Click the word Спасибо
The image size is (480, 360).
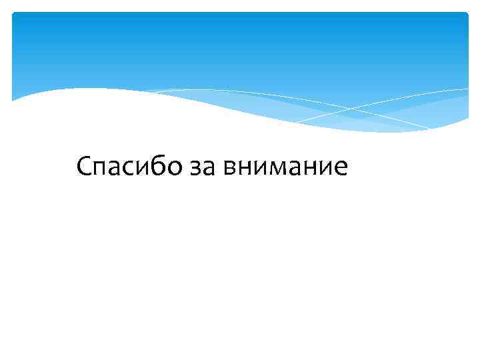pyautogui.click(x=128, y=166)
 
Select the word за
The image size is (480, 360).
pyautogui.click(x=201, y=167)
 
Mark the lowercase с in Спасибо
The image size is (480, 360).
pyautogui.click(x=129, y=168)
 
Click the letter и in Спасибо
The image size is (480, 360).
pyautogui.click(x=142, y=168)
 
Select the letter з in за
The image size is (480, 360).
pyautogui.click(x=194, y=168)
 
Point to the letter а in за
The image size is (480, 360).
pyautogui.click(x=207, y=168)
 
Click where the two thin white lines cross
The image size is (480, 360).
pyautogui.click(x=348, y=107)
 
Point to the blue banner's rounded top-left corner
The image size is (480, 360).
pyautogui.click(x=15, y=15)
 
